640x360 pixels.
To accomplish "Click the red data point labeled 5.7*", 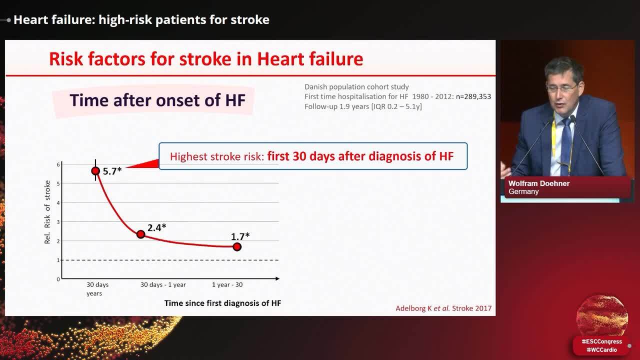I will [95, 171].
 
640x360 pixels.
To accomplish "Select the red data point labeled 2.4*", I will [140, 234].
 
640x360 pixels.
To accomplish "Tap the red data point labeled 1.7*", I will [237, 246].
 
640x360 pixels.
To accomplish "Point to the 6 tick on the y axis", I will [58, 164].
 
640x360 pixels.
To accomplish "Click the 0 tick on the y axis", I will [58, 279].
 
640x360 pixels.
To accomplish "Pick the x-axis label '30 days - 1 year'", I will [163, 284].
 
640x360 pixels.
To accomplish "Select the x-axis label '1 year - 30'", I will [227, 284].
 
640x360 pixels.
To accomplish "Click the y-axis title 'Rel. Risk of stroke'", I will [48, 212].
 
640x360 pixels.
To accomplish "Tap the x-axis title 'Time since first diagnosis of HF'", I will [222, 303].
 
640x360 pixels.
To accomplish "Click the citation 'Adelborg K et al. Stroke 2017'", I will [443, 308].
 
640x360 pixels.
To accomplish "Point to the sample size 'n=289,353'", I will [473, 96].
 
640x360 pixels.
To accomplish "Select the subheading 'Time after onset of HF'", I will [157, 100].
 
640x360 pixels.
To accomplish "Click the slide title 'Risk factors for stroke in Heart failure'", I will [206, 59].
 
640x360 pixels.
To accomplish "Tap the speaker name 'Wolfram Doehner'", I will [539, 183].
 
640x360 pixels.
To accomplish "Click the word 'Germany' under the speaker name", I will [523, 191].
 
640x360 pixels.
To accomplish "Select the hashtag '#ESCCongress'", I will [601, 341].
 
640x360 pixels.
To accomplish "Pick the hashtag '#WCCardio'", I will [601, 349].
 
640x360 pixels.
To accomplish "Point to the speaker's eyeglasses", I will [560, 88].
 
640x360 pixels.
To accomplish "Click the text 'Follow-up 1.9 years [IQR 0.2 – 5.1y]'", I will [363, 106].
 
